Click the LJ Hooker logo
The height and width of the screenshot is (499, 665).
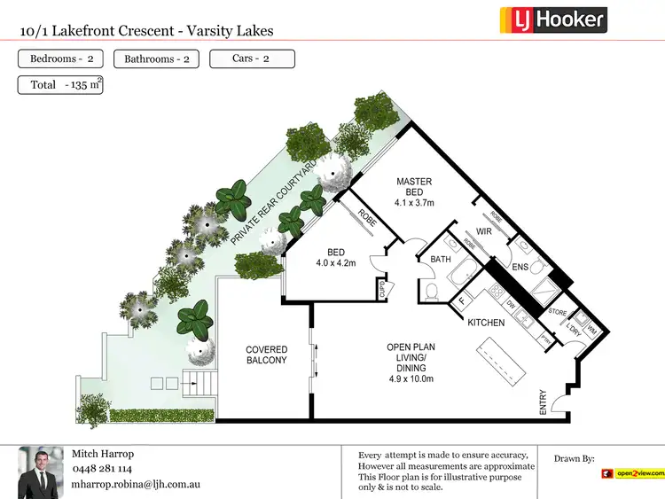tap(553, 19)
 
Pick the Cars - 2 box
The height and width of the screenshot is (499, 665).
tap(252, 59)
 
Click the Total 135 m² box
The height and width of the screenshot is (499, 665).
tap(60, 85)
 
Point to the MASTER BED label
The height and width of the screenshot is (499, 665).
tap(414, 187)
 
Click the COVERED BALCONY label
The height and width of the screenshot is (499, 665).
tap(267, 355)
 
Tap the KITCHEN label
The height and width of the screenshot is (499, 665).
tap(486, 323)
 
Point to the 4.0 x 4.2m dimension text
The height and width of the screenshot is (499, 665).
tap(335, 263)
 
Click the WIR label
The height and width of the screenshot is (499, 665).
tap(484, 231)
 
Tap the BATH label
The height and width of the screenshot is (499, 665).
tap(441, 260)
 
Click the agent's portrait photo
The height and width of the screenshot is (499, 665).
tap(40, 470)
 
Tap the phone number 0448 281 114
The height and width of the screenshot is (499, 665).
tap(102, 469)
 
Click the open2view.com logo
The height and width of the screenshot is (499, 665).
tap(632, 474)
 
